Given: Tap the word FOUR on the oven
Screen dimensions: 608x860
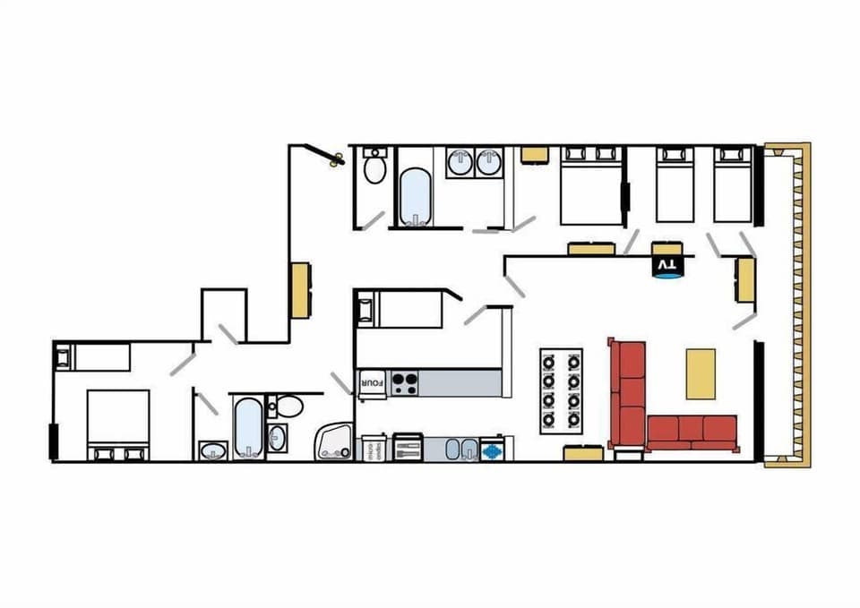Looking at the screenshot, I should coord(372,382).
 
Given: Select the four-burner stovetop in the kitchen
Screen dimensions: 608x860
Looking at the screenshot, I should coord(404,383).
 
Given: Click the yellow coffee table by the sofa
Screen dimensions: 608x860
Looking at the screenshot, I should coord(701,373).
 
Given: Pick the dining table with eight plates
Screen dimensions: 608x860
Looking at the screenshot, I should coord(561,390).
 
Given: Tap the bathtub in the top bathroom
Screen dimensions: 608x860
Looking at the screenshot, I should coord(415,196).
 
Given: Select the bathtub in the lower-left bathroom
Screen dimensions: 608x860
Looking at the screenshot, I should coord(247,427).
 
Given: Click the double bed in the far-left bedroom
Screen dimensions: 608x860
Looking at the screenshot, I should coord(116,424).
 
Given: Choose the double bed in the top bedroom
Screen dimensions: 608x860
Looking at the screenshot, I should coord(591,184).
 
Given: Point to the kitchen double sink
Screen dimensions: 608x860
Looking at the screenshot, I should coord(460,449).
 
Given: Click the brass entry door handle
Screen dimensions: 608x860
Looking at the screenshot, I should coord(337,161).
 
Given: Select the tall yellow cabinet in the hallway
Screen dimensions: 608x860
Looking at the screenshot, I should coord(299,289).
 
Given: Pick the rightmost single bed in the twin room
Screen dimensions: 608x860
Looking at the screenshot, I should coord(733,183).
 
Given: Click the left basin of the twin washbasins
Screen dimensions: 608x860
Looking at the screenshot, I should coord(460,163).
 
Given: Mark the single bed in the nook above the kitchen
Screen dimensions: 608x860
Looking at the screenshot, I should coord(400,309).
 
